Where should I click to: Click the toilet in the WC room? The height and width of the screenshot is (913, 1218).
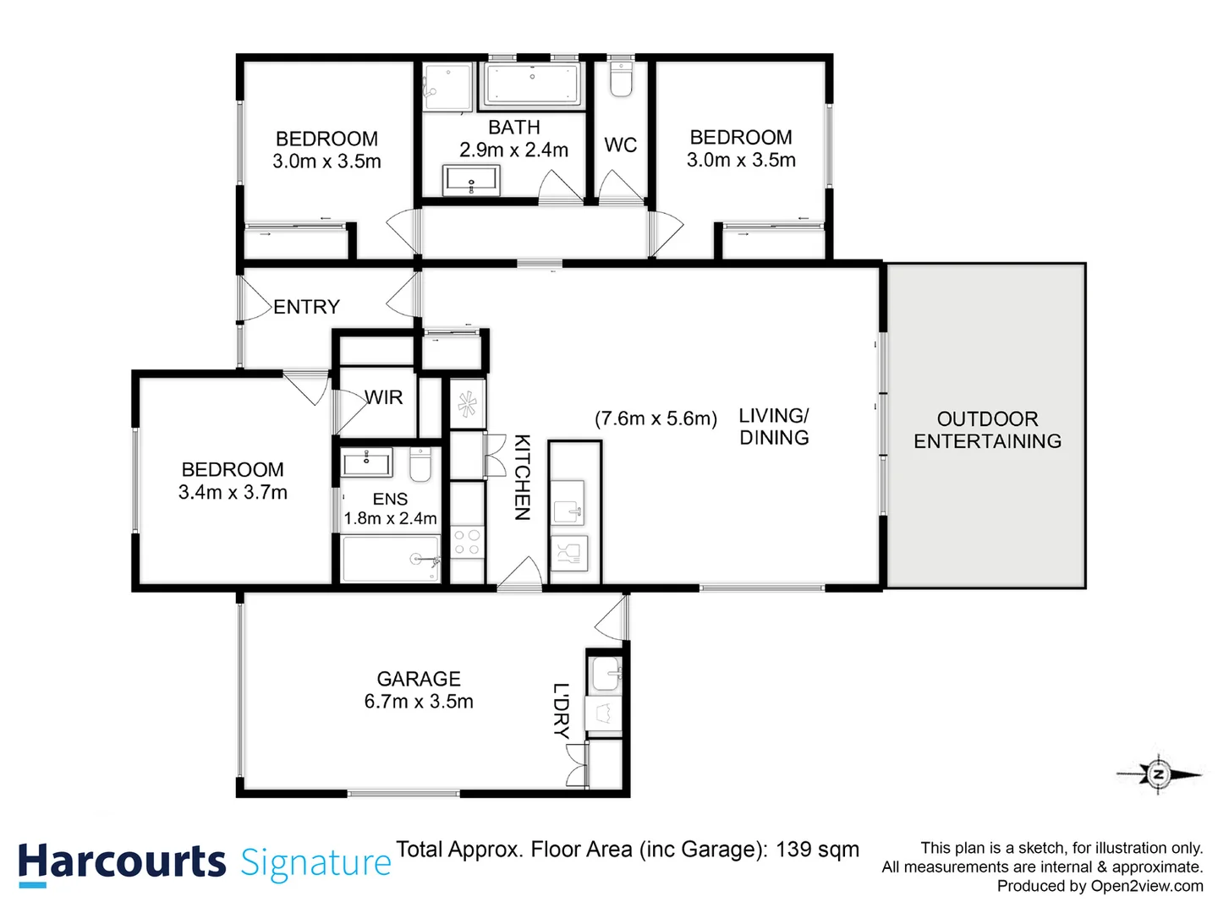coord(621,80)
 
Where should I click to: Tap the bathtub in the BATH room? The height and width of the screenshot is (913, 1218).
coord(532,85)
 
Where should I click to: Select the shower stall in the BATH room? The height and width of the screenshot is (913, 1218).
coord(447,86)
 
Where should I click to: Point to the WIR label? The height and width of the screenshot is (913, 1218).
coord(384,397)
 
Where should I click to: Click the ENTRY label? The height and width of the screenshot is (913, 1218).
coord(306,307)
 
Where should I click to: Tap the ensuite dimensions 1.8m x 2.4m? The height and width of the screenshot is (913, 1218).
coord(390,518)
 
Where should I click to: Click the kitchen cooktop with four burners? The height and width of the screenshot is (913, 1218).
coord(467,542)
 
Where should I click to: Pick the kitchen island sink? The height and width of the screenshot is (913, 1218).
coord(568,505)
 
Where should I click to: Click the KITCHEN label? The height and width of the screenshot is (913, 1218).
coord(523,478)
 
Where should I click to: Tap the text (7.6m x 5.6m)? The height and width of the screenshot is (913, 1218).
coord(656,418)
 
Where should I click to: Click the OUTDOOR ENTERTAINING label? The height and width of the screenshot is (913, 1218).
coord(987,430)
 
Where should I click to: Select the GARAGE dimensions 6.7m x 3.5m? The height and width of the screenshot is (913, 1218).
coord(419,702)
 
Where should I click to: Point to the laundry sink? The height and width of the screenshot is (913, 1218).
coord(605,675)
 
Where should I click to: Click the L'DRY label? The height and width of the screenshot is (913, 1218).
coord(561,711)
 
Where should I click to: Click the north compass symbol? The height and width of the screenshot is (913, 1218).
coord(1158,773)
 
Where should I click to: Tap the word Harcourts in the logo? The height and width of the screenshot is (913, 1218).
coord(122,863)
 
